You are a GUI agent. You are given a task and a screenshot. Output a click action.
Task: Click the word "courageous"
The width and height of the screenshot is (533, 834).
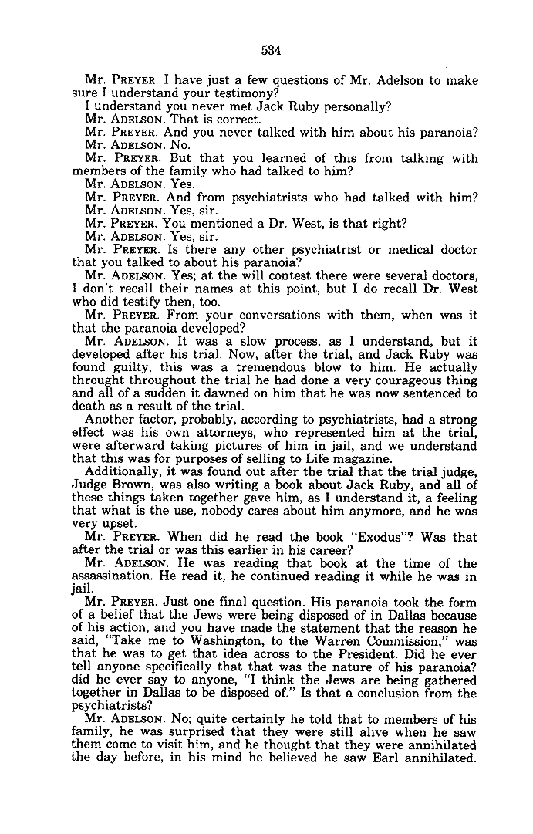coord(403,381)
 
